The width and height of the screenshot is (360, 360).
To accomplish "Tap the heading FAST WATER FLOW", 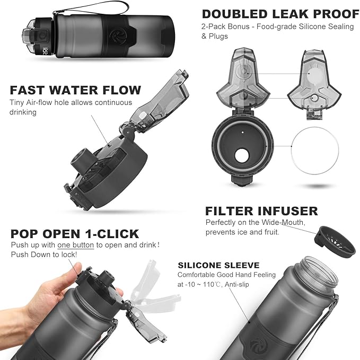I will click(x=75, y=90).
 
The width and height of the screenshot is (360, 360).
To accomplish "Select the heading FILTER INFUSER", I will click(x=261, y=211).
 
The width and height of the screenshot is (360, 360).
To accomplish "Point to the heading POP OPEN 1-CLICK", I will click(x=75, y=234).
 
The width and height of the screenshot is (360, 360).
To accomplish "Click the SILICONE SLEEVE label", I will click(x=218, y=265).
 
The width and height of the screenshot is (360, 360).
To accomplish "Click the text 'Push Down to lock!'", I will click(x=44, y=254).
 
